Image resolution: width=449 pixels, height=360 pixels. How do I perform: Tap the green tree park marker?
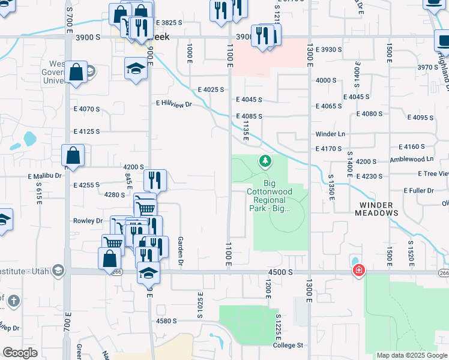coord(265,161)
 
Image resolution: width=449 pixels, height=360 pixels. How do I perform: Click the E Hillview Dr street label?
coord(173,104)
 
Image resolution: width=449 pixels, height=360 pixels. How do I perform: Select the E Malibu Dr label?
coord(44,176)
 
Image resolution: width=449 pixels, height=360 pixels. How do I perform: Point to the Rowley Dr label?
coord(88,221)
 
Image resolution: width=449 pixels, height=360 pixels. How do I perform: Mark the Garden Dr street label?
coord(180,251)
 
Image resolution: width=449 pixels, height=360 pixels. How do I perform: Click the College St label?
coord(289,346)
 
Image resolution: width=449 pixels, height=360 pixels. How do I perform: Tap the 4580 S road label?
coord(166,321)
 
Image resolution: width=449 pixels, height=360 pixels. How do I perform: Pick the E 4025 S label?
coord(211,89)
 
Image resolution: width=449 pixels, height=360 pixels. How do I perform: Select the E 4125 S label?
coord(86,131)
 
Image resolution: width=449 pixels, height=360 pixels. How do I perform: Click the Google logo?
coord(20,352)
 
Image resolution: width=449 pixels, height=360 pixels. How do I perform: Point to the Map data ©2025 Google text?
coord(411,355)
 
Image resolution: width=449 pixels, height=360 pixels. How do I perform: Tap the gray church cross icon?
coord(14,299)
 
